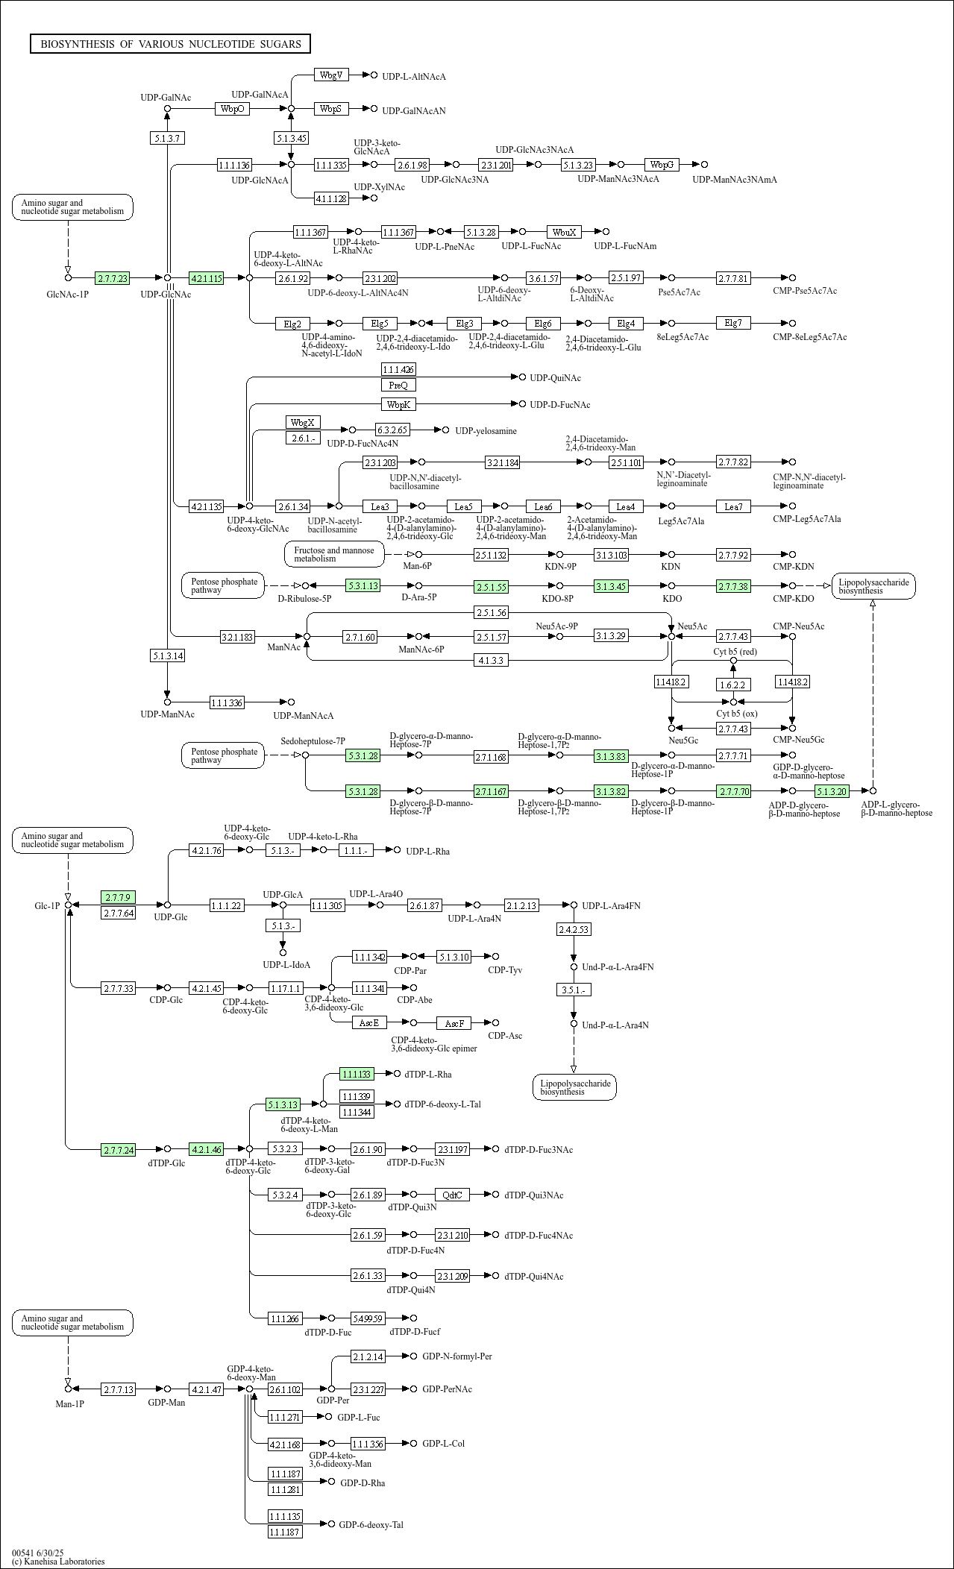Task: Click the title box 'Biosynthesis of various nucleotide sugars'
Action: [x=170, y=44]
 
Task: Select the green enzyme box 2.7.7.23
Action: [x=112, y=278]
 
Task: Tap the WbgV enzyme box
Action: [x=331, y=75]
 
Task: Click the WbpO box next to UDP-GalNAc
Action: [x=232, y=109]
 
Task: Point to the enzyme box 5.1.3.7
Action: [x=167, y=138]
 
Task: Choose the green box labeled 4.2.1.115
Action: [x=207, y=278]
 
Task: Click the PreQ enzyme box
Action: [x=398, y=385]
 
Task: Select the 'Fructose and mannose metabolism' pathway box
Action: [x=334, y=554]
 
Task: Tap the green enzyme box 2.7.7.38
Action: [x=733, y=586]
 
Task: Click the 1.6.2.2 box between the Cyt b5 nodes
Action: [x=733, y=684]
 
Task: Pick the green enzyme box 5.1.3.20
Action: [x=831, y=791]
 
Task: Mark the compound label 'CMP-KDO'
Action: [x=794, y=599]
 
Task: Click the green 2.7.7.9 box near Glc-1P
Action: [x=118, y=896]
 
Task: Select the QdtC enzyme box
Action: [x=452, y=1195]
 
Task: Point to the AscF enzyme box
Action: [x=454, y=1023]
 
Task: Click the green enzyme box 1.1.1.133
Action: [x=357, y=1074]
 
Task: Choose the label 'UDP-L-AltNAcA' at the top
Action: [x=414, y=77]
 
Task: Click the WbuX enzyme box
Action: [x=564, y=232]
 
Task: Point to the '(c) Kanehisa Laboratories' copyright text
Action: [x=58, y=1561]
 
